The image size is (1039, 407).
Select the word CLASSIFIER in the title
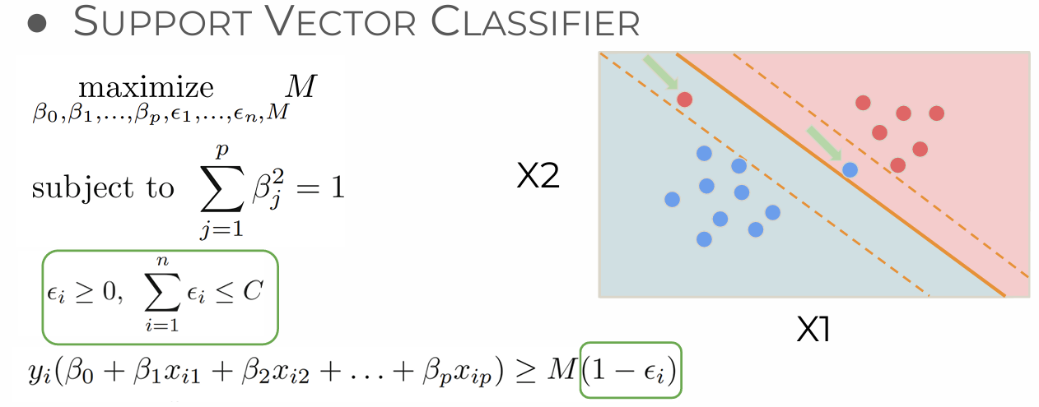pyautogui.click(x=537, y=22)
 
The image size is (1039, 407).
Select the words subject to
pyautogui.click(x=103, y=187)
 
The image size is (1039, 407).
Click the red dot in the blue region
pyautogui.click(x=684, y=99)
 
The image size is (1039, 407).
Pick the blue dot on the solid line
pyautogui.click(x=850, y=169)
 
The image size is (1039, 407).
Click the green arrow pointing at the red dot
pyautogui.click(x=660, y=72)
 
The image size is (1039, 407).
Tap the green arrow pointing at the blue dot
pyautogui.click(x=824, y=143)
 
